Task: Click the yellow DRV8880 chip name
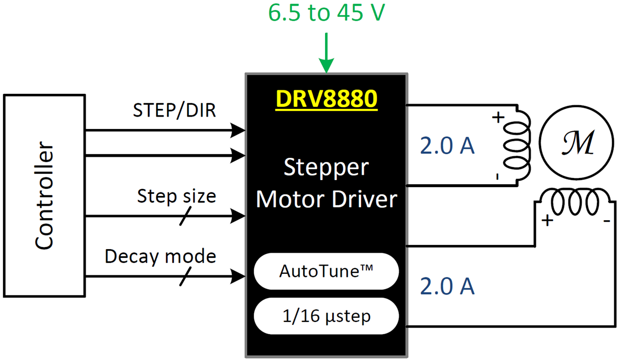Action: click(326, 99)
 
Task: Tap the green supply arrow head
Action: click(326, 66)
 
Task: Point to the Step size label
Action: click(176, 196)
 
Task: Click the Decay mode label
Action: click(160, 256)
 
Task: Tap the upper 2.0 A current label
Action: click(447, 147)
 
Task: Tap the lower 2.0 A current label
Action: click(447, 286)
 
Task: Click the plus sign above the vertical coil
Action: click(497, 117)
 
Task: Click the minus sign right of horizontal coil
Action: click(606, 222)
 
